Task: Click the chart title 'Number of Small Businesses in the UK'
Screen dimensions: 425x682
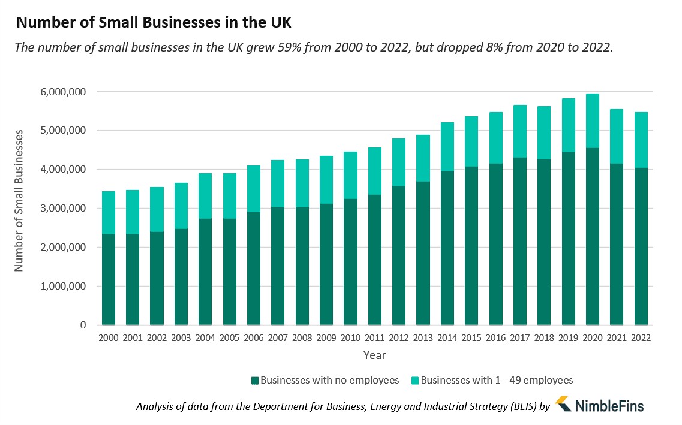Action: point(154,23)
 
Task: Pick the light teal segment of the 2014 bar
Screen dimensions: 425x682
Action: point(447,147)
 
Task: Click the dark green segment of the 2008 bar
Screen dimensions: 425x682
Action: point(302,266)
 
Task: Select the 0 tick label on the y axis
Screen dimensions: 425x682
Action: point(83,325)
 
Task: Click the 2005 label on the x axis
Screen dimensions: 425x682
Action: point(229,338)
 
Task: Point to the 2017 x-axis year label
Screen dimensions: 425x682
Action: point(519,338)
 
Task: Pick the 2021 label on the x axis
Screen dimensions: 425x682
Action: point(617,338)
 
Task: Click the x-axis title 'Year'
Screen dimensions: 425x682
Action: point(374,355)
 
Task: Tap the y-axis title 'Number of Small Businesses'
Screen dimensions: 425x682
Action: point(19,200)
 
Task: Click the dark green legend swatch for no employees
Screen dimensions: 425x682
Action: point(255,380)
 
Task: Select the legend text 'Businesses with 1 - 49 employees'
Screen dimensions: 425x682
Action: point(497,380)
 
